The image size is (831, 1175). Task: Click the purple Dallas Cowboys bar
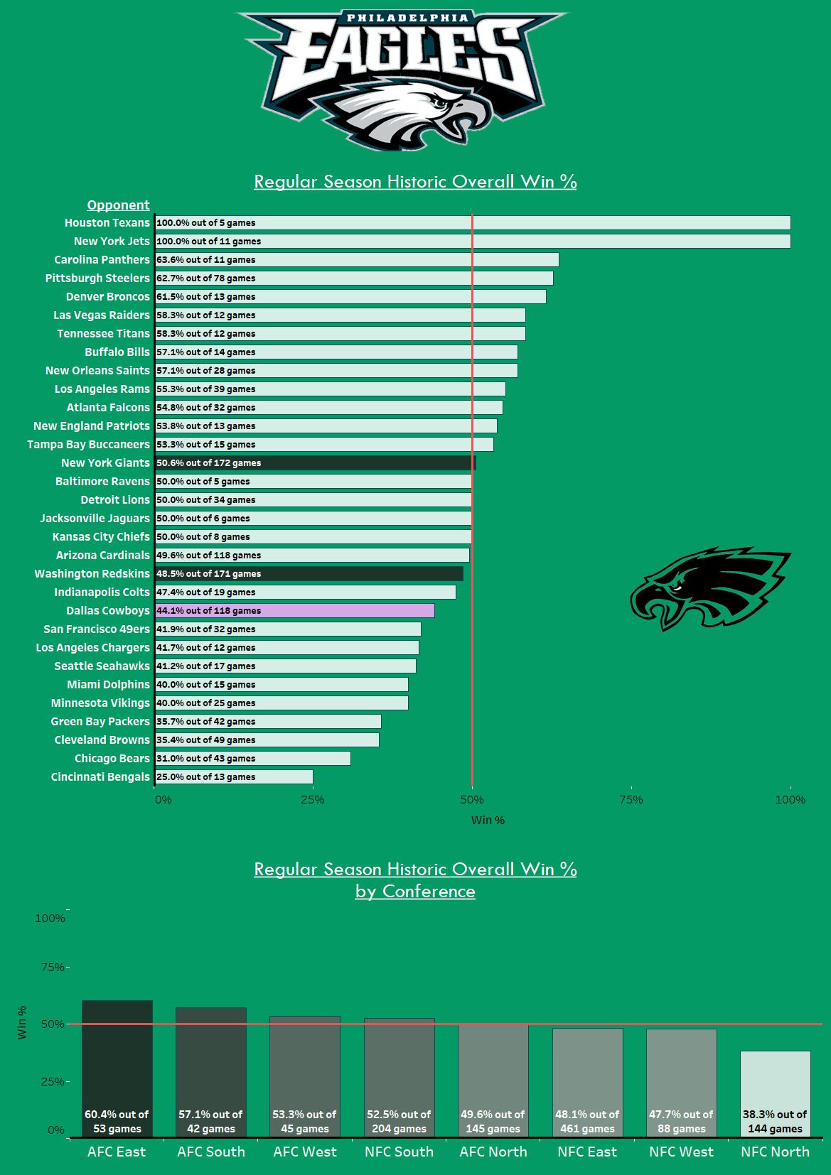tap(294, 610)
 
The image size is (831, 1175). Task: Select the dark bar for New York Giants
tap(315, 462)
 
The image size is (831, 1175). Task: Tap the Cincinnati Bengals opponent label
tap(100, 776)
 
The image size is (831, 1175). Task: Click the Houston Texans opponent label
tap(107, 222)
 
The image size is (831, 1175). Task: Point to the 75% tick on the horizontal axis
tap(631, 800)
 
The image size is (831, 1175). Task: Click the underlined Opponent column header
tap(118, 205)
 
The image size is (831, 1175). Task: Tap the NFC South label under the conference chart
tap(399, 1152)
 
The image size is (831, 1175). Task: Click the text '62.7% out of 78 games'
tap(205, 278)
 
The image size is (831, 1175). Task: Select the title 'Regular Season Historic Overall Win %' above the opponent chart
tap(415, 181)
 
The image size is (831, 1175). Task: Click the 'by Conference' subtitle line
tap(415, 891)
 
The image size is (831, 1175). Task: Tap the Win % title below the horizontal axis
tap(488, 820)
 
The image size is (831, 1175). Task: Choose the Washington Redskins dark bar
tap(309, 573)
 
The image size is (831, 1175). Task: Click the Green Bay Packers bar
tap(268, 721)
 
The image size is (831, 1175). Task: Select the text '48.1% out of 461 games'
tap(587, 1121)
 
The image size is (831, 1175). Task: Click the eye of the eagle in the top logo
tap(444, 104)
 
